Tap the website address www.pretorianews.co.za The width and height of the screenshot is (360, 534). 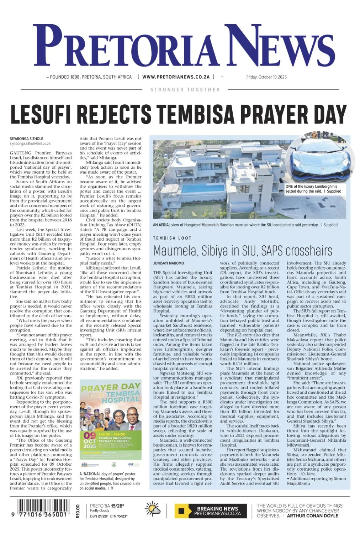click(176, 77)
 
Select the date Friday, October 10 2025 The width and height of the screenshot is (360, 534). click(266, 77)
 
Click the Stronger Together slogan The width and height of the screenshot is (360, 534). click(185, 90)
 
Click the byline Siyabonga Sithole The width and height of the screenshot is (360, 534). click(26, 138)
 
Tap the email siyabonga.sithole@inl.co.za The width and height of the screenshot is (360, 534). click(30, 144)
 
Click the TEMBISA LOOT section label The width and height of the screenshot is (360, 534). click(172, 238)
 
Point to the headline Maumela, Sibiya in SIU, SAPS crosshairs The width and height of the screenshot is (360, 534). click(242, 251)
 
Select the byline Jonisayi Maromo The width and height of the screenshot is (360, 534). click(169, 263)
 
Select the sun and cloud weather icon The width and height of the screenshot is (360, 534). click(153, 509)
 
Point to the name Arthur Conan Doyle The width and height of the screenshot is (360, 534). click(312, 515)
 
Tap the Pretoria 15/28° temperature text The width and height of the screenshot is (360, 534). click(107, 506)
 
